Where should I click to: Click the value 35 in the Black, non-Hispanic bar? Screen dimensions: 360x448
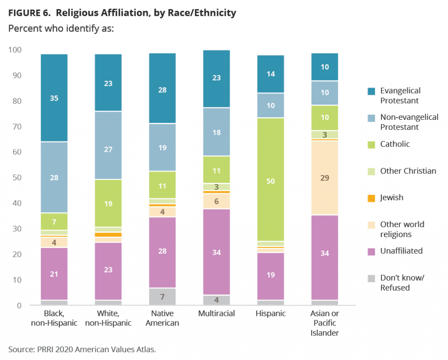click(x=54, y=98)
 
